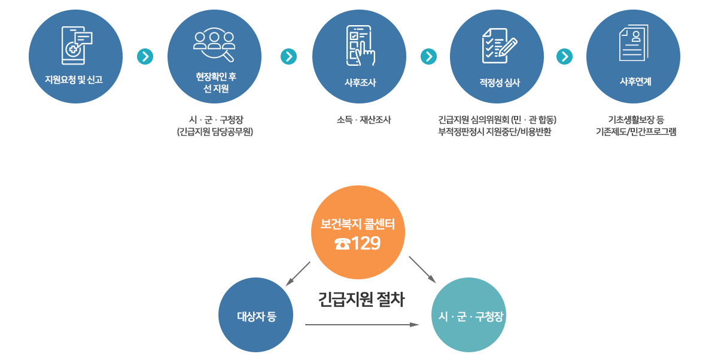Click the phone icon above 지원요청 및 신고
tap(77, 45)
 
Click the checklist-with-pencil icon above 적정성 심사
tap(498, 45)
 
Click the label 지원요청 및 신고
tap(74, 80)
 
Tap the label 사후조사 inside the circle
tap(360, 83)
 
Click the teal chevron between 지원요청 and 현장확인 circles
tap(145, 57)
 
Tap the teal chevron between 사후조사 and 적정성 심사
tap(428, 57)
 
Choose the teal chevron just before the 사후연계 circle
tap(564, 57)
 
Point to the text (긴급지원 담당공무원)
tap(215, 132)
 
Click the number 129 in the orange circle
tap(366, 244)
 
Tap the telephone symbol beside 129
tap(342, 244)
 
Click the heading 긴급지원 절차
tap(361, 300)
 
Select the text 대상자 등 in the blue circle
tap(256, 317)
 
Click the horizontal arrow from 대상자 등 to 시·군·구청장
tap(361, 325)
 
